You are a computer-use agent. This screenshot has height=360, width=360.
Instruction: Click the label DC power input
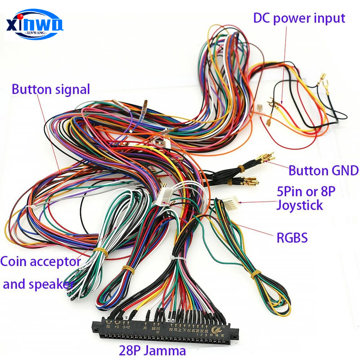(x=299, y=18)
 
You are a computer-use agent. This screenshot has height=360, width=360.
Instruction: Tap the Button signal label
(x=51, y=89)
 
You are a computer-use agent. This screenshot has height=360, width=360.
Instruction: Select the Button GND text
(x=323, y=171)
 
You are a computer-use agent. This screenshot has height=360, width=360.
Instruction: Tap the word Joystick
(x=300, y=206)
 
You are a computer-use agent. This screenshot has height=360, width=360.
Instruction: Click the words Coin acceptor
(x=40, y=261)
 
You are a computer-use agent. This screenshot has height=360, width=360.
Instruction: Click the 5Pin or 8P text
(x=306, y=192)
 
